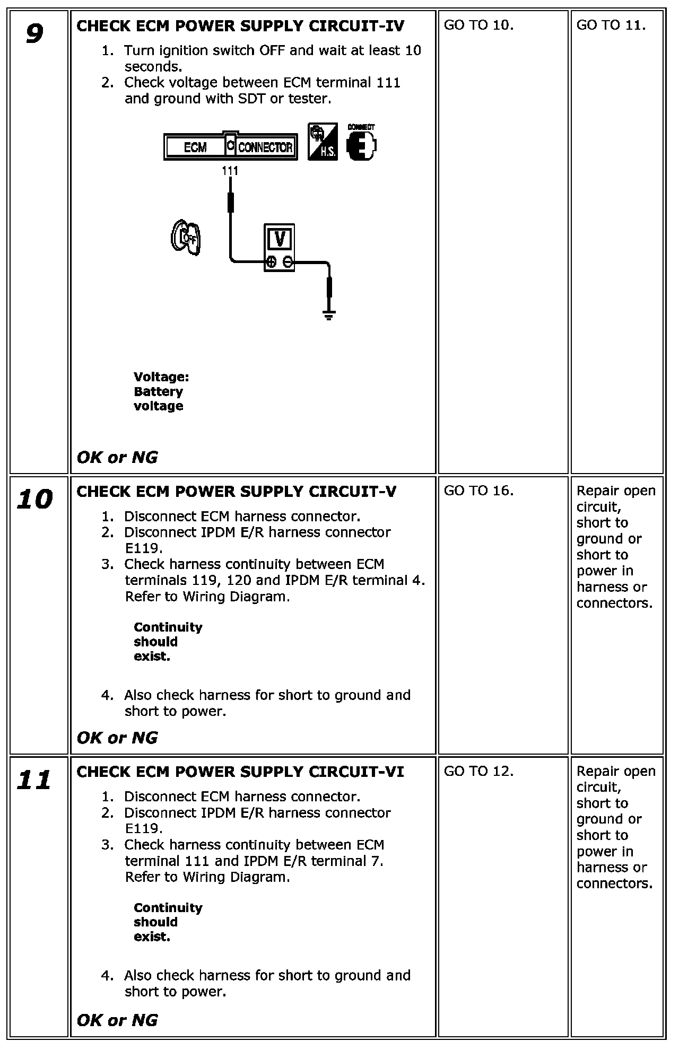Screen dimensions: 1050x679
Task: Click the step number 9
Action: click(34, 34)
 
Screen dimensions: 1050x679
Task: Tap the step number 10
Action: click(35, 500)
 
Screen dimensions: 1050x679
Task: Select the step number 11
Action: click(34, 780)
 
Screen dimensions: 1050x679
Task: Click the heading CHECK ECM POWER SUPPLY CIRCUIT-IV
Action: click(240, 26)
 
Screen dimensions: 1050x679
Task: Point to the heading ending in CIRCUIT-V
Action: click(236, 492)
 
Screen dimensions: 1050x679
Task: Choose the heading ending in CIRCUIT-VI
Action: click(240, 772)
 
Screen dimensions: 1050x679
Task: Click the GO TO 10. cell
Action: click(478, 25)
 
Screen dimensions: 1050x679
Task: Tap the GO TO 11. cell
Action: click(611, 25)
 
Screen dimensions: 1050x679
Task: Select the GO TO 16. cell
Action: click(478, 491)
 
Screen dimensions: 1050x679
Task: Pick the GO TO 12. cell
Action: click(478, 771)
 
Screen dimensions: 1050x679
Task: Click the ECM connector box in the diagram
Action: click(230, 146)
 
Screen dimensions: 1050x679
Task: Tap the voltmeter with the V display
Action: click(279, 247)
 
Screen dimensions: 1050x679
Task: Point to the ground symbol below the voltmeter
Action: click(329, 316)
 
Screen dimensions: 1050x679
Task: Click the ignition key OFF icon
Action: click(186, 237)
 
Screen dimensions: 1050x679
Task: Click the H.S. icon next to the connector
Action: click(323, 141)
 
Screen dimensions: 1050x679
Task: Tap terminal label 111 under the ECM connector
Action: click(230, 171)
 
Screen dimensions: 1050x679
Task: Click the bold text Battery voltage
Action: click(159, 399)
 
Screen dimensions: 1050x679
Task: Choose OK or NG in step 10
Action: click(117, 738)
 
